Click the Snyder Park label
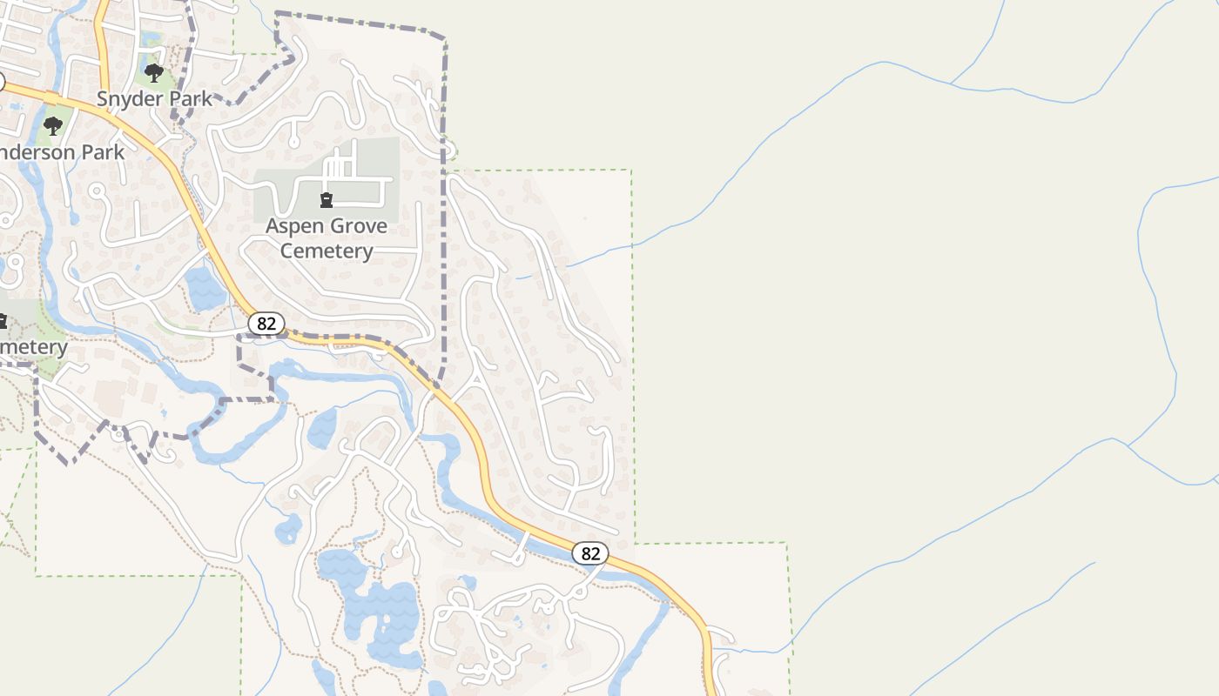[x=154, y=99]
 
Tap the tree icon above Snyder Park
[x=154, y=72]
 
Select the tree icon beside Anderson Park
[x=53, y=126]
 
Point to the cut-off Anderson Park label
[x=61, y=152]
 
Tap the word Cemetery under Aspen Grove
[x=327, y=251]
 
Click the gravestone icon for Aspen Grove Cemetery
[x=327, y=200]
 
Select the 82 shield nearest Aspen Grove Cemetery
[x=266, y=324]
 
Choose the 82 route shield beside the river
[x=590, y=553]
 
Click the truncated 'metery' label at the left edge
[x=33, y=347]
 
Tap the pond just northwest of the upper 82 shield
[x=205, y=289]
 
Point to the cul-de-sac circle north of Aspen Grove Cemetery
[x=294, y=141]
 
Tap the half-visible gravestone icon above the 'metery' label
[x=3, y=322]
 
